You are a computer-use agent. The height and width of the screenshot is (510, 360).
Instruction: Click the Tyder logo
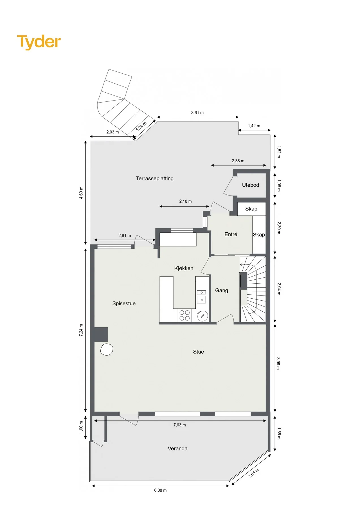pyautogui.click(x=39, y=42)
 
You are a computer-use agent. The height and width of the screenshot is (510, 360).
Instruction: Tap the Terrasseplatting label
pyautogui.click(x=155, y=178)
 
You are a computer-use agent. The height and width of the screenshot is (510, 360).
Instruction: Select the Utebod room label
pyautogui.click(x=251, y=185)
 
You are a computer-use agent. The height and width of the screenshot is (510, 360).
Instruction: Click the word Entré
pyautogui.click(x=231, y=234)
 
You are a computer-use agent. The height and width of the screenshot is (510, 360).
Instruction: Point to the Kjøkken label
pyautogui.click(x=184, y=268)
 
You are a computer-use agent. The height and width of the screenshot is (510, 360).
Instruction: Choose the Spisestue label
pyautogui.click(x=124, y=303)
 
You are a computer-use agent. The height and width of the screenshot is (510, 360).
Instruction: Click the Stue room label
pyautogui.click(x=199, y=352)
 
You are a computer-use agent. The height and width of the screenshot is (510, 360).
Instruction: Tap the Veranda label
pyautogui.click(x=178, y=449)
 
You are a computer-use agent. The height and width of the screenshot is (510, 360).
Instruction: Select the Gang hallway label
pyautogui.click(x=222, y=290)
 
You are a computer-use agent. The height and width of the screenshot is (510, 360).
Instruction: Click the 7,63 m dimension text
pyautogui.click(x=180, y=425)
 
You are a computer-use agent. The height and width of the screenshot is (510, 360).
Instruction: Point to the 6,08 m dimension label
pyautogui.click(x=160, y=490)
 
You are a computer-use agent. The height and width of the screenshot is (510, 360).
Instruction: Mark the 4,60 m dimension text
pyautogui.click(x=81, y=193)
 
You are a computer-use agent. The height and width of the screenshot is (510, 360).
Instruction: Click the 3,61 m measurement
pyautogui.click(x=197, y=112)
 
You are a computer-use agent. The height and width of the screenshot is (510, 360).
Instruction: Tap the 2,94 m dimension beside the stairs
pyautogui.click(x=279, y=289)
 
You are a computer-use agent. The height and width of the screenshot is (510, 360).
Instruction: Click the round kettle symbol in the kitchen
pyautogui.click(x=202, y=316)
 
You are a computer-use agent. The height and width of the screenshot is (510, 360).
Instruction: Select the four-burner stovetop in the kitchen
pyautogui.click(x=185, y=315)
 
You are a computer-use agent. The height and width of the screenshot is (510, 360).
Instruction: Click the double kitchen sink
pyautogui.click(x=201, y=296)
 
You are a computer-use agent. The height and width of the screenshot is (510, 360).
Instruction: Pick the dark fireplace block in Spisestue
pyautogui.click(x=101, y=334)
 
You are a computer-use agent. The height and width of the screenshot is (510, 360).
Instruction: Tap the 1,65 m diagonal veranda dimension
pyautogui.click(x=254, y=473)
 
